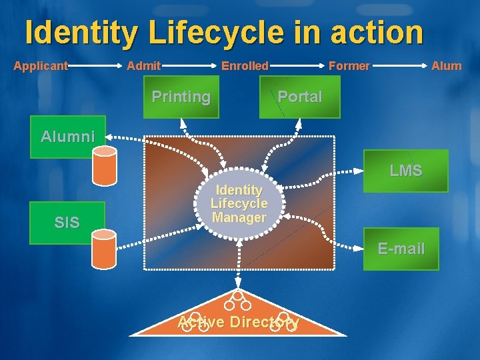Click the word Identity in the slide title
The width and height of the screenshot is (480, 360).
pyautogui.click(x=81, y=32)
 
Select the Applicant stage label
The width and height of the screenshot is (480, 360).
pyautogui.click(x=41, y=65)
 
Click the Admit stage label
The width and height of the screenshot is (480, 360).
pyautogui.click(x=143, y=65)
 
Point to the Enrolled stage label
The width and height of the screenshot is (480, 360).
pyautogui.click(x=245, y=65)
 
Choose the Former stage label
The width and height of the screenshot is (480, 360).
pyautogui.click(x=349, y=65)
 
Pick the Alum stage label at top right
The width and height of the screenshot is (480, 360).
pyautogui.click(x=446, y=65)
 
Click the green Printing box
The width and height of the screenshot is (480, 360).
pyautogui.click(x=181, y=97)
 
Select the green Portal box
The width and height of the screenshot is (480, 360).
pyautogui.click(x=299, y=97)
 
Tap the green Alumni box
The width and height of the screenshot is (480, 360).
pyautogui.click(x=67, y=137)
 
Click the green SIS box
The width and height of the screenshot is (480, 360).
pyautogui.click(x=67, y=223)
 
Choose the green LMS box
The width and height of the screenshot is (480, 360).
pyautogui.click(x=405, y=171)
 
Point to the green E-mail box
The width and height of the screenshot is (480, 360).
pyautogui.click(x=401, y=249)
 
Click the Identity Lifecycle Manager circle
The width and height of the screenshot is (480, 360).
pyautogui.click(x=239, y=203)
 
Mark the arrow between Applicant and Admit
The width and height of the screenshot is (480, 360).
pyautogui.click(x=97, y=65)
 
